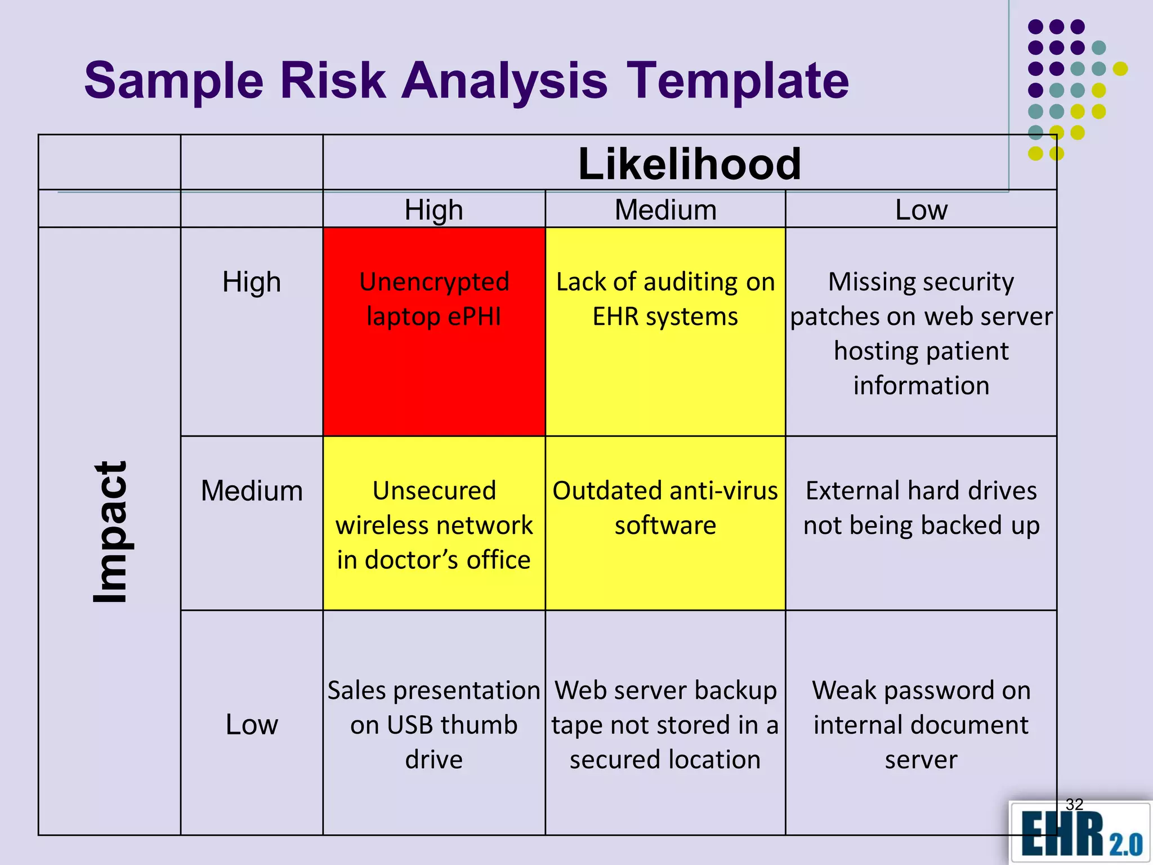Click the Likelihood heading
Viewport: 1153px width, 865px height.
pyautogui.click(x=689, y=164)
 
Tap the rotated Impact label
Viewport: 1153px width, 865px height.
pyautogui.click(x=110, y=532)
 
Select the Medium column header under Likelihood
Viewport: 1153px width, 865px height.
pyautogui.click(x=665, y=210)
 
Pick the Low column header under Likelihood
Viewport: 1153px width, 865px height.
pyautogui.click(x=921, y=210)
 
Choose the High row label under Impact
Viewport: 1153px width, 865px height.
pyautogui.click(x=252, y=282)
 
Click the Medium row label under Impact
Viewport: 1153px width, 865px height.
pyautogui.click(x=252, y=491)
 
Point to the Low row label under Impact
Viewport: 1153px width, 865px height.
pyautogui.click(x=252, y=724)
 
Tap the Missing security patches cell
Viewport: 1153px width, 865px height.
pyautogui.click(x=921, y=333)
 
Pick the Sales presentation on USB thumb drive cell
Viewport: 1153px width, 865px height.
pyautogui.click(x=434, y=725)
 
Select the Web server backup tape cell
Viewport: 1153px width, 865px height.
pyautogui.click(x=665, y=725)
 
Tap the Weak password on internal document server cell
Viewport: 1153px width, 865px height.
pyautogui.click(x=921, y=725)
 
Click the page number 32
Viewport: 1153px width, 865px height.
pyautogui.click(x=1074, y=804)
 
